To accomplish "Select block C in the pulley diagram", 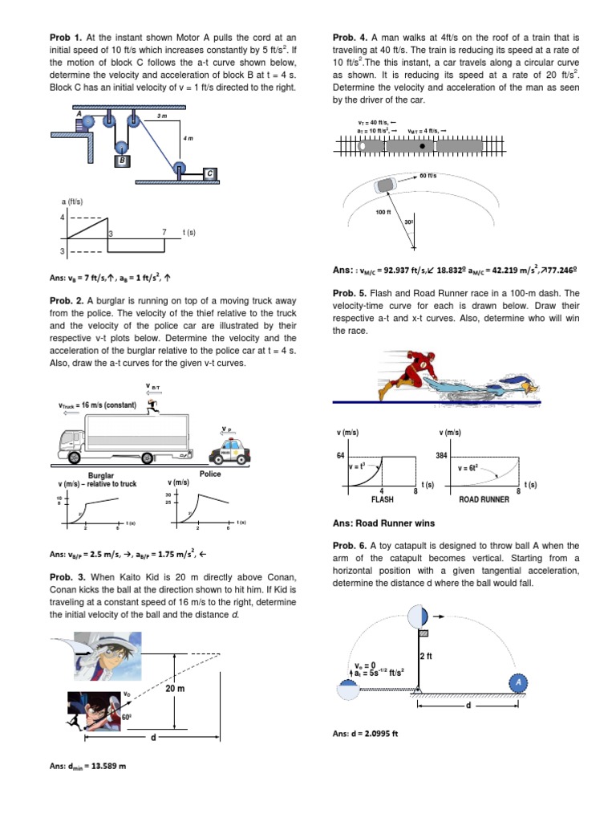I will [x=209, y=173].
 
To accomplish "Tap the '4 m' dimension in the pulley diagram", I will [x=188, y=139].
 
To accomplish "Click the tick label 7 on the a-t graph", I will [x=164, y=232].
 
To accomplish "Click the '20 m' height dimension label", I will [x=176, y=689].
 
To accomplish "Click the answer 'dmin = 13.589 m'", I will [x=87, y=766].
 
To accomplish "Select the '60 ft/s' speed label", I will [x=428, y=176].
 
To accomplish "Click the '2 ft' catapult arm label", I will [x=426, y=657].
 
